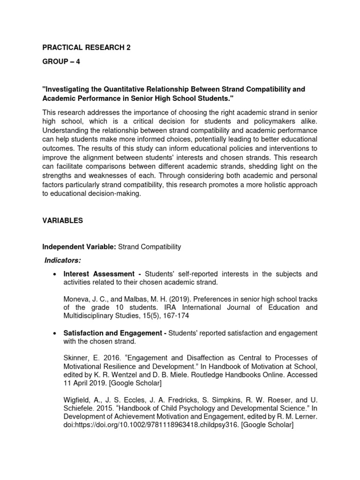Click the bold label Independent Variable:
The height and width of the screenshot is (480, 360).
[x=78, y=247]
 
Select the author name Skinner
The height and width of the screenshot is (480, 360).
[x=76, y=357]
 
